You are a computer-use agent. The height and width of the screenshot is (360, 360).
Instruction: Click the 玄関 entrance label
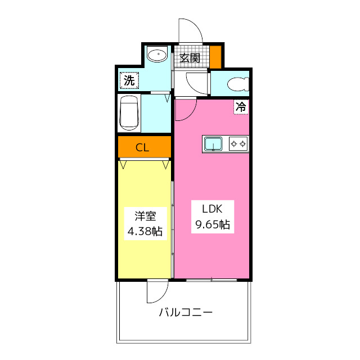(x=190, y=57)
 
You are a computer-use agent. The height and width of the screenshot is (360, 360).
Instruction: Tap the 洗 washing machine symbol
(x=129, y=80)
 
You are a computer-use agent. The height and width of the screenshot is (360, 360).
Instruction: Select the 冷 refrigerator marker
(x=241, y=106)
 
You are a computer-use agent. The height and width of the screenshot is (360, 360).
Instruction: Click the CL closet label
(x=142, y=148)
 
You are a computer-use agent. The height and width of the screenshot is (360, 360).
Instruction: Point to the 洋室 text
(x=145, y=215)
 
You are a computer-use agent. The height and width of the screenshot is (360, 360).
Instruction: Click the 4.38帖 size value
(x=145, y=231)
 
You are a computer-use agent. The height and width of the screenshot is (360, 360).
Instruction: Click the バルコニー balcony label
(x=186, y=312)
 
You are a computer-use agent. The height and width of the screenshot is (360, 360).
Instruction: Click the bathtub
(x=129, y=113)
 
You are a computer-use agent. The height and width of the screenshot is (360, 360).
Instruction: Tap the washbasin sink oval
(x=157, y=56)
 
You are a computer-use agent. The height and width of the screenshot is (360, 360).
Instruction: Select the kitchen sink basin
(x=213, y=144)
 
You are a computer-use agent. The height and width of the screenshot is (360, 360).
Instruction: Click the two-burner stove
(x=238, y=144)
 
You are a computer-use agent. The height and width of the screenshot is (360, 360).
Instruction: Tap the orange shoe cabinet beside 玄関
(x=215, y=55)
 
